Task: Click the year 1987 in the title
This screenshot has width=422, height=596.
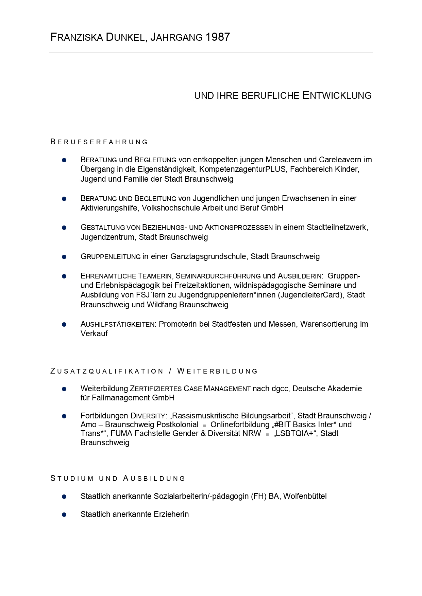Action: click(x=218, y=37)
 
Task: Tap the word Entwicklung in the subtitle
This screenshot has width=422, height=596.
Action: click(x=337, y=95)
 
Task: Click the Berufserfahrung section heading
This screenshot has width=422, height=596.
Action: click(x=99, y=142)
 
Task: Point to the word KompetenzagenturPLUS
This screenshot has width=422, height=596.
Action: click(x=242, y=169)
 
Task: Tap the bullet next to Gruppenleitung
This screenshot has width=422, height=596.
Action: click(x=64, y=257)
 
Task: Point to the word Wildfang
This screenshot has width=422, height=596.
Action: click(x=162, y=305)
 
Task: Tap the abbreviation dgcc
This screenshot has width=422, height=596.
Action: click(x=280, y=389)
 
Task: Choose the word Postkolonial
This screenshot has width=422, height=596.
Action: click(x=177, y=425)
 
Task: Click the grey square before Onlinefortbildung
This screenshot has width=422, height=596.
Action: click(x=204, y=426)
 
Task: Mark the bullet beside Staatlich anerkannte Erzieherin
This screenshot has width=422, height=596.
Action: click(x=64, y=514)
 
